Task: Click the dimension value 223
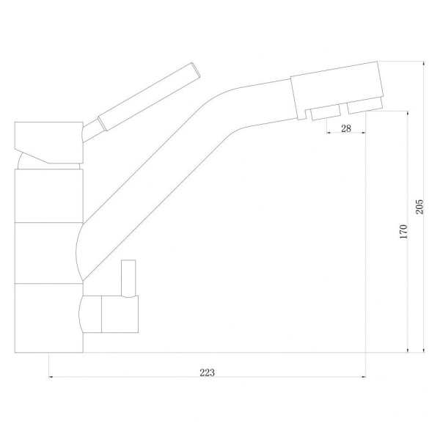207,373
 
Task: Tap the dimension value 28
346,128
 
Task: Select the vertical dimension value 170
403,232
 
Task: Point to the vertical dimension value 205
419,207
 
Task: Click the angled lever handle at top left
149,97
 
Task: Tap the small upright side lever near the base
128,278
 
